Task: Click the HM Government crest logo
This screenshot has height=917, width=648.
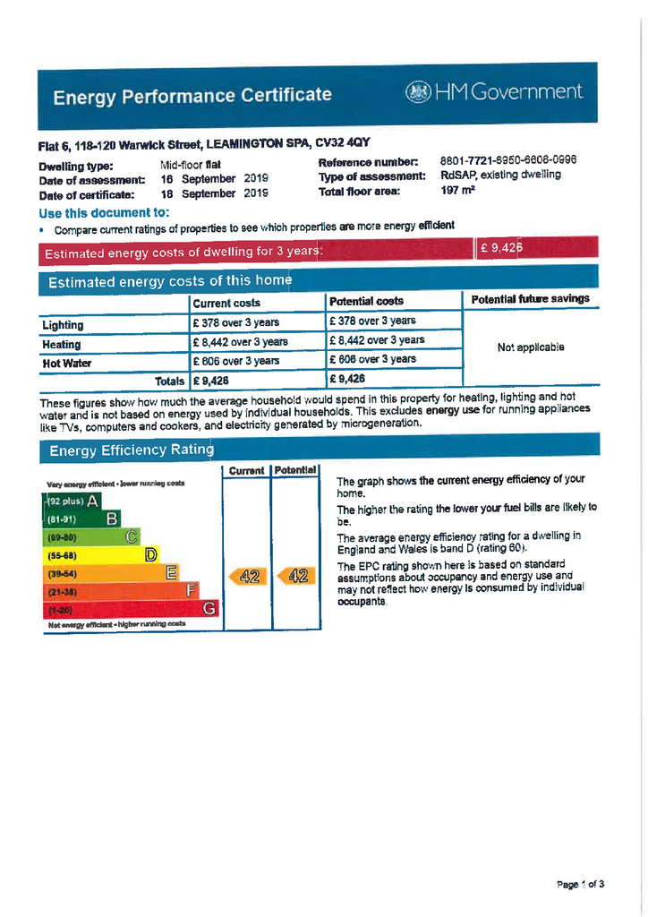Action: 418,92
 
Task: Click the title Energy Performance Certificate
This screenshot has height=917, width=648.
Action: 192,96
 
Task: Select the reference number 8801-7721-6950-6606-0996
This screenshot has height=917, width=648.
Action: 507,159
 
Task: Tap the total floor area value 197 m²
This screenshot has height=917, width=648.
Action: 456,191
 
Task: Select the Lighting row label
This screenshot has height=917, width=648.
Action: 63,325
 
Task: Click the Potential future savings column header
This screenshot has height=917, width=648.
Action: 530,299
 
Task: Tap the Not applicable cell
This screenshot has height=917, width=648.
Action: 530,347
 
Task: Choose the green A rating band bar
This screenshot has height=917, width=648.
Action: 72,501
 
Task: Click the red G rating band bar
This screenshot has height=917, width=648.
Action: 131,610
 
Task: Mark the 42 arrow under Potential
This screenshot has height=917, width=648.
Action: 295,577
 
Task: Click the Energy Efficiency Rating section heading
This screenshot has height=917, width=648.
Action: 132,450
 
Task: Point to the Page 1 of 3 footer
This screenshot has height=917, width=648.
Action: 580,885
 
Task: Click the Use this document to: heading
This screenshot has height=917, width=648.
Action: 104,212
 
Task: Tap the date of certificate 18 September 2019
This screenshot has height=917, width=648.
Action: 215,193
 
